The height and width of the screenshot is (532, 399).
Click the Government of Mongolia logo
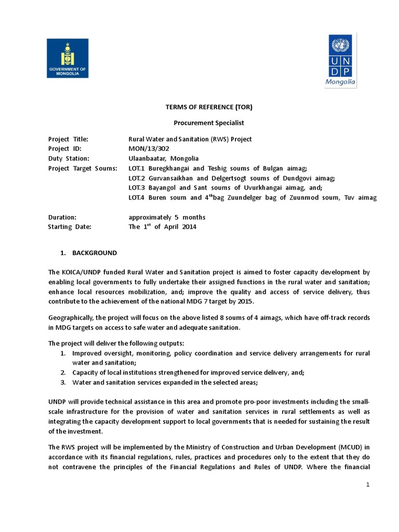[68, 58]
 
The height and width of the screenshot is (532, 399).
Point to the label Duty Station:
[69, 158]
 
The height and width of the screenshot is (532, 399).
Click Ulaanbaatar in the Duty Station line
[149, 158]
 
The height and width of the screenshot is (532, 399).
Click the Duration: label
[62, 217]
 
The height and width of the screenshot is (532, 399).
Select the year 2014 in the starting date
[189, 227]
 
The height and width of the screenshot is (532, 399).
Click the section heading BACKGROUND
[95, 253]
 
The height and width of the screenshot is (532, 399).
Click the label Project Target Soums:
[83, 168]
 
